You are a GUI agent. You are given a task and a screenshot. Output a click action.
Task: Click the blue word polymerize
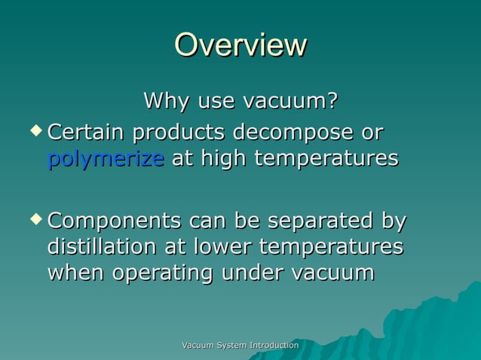tap(106, 159)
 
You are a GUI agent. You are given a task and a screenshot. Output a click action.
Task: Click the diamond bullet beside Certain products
tap(35, 131)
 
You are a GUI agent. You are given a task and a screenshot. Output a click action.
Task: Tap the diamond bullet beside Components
tap(35, 220)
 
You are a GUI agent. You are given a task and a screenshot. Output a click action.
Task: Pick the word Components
tap(114, 221)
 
